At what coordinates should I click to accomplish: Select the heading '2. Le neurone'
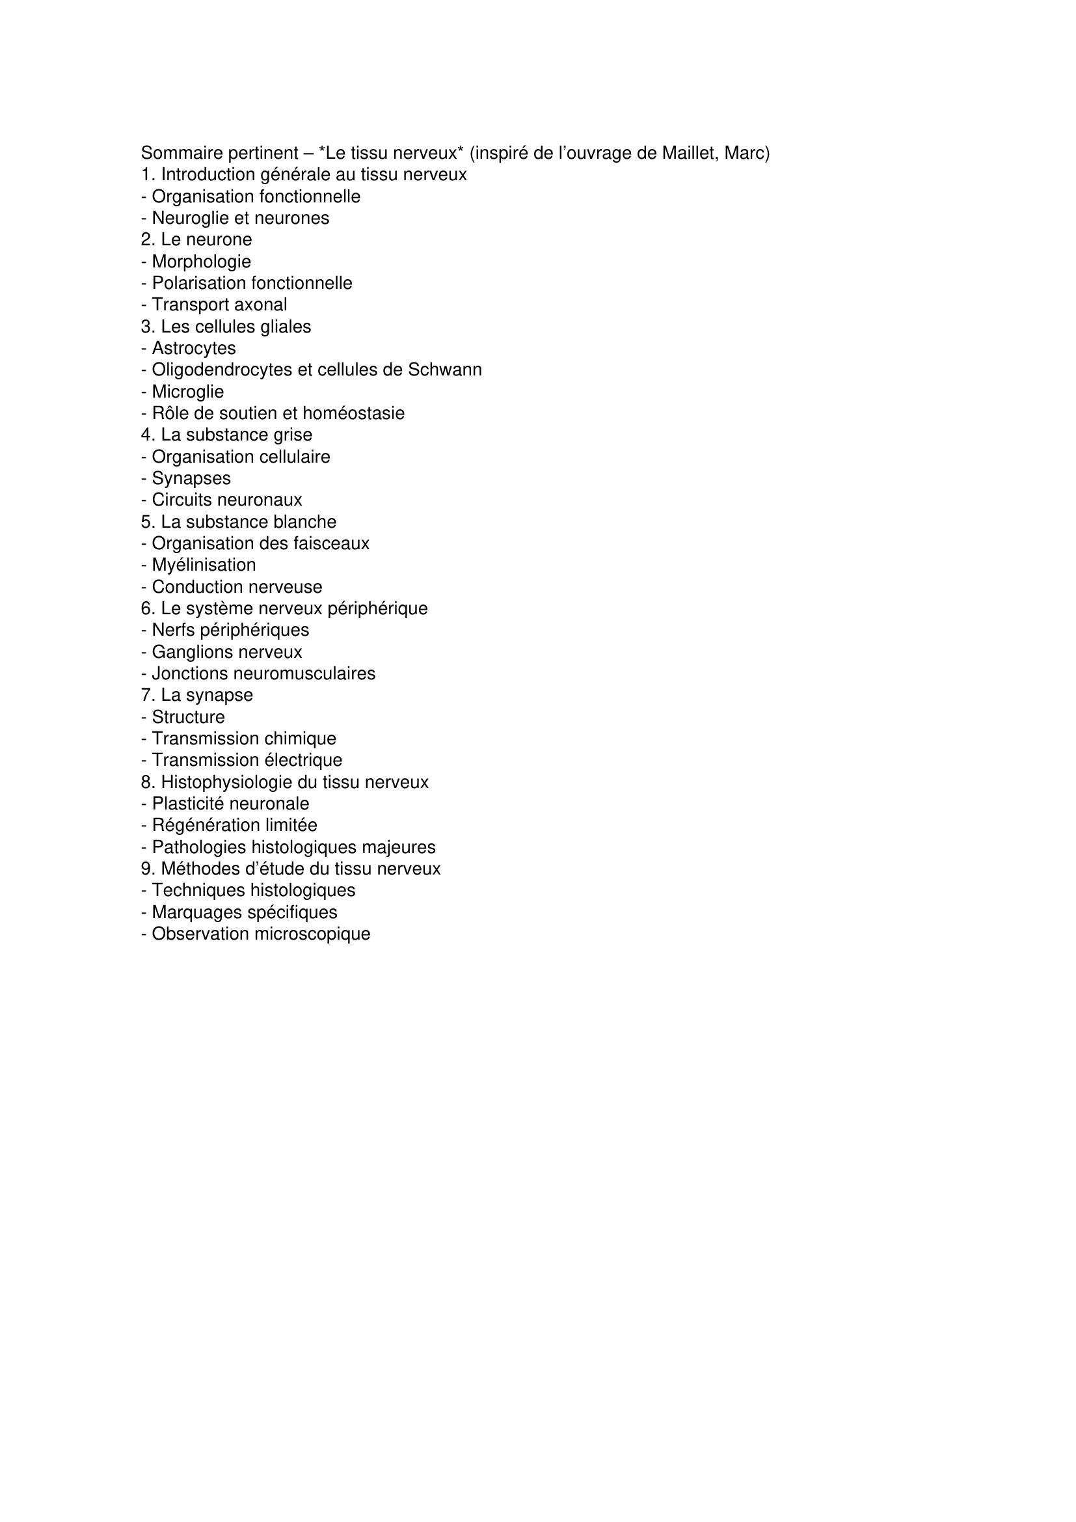(x=196, y=239)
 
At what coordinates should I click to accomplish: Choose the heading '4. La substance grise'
(x=226, y=435)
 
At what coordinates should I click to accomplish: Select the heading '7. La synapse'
(x=196, y=696)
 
